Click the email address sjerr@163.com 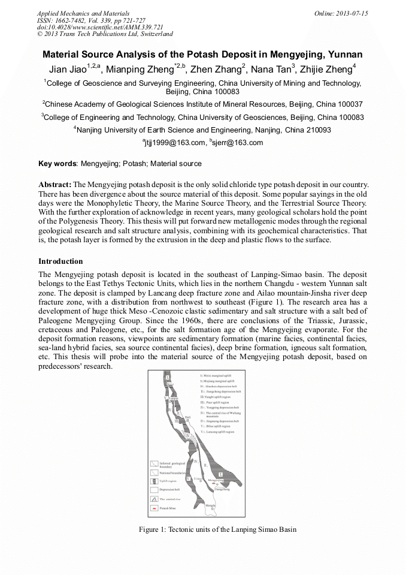(238, 143)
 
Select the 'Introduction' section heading (60, 261)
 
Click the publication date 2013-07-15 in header (352, 13)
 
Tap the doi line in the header (100, 28)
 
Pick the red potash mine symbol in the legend (154, 508)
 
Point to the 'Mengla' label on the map (210, 505)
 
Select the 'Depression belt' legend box (154, 489)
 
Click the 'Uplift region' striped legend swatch (154, 481)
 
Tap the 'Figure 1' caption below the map (217, 529)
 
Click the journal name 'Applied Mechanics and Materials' (83, 13)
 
